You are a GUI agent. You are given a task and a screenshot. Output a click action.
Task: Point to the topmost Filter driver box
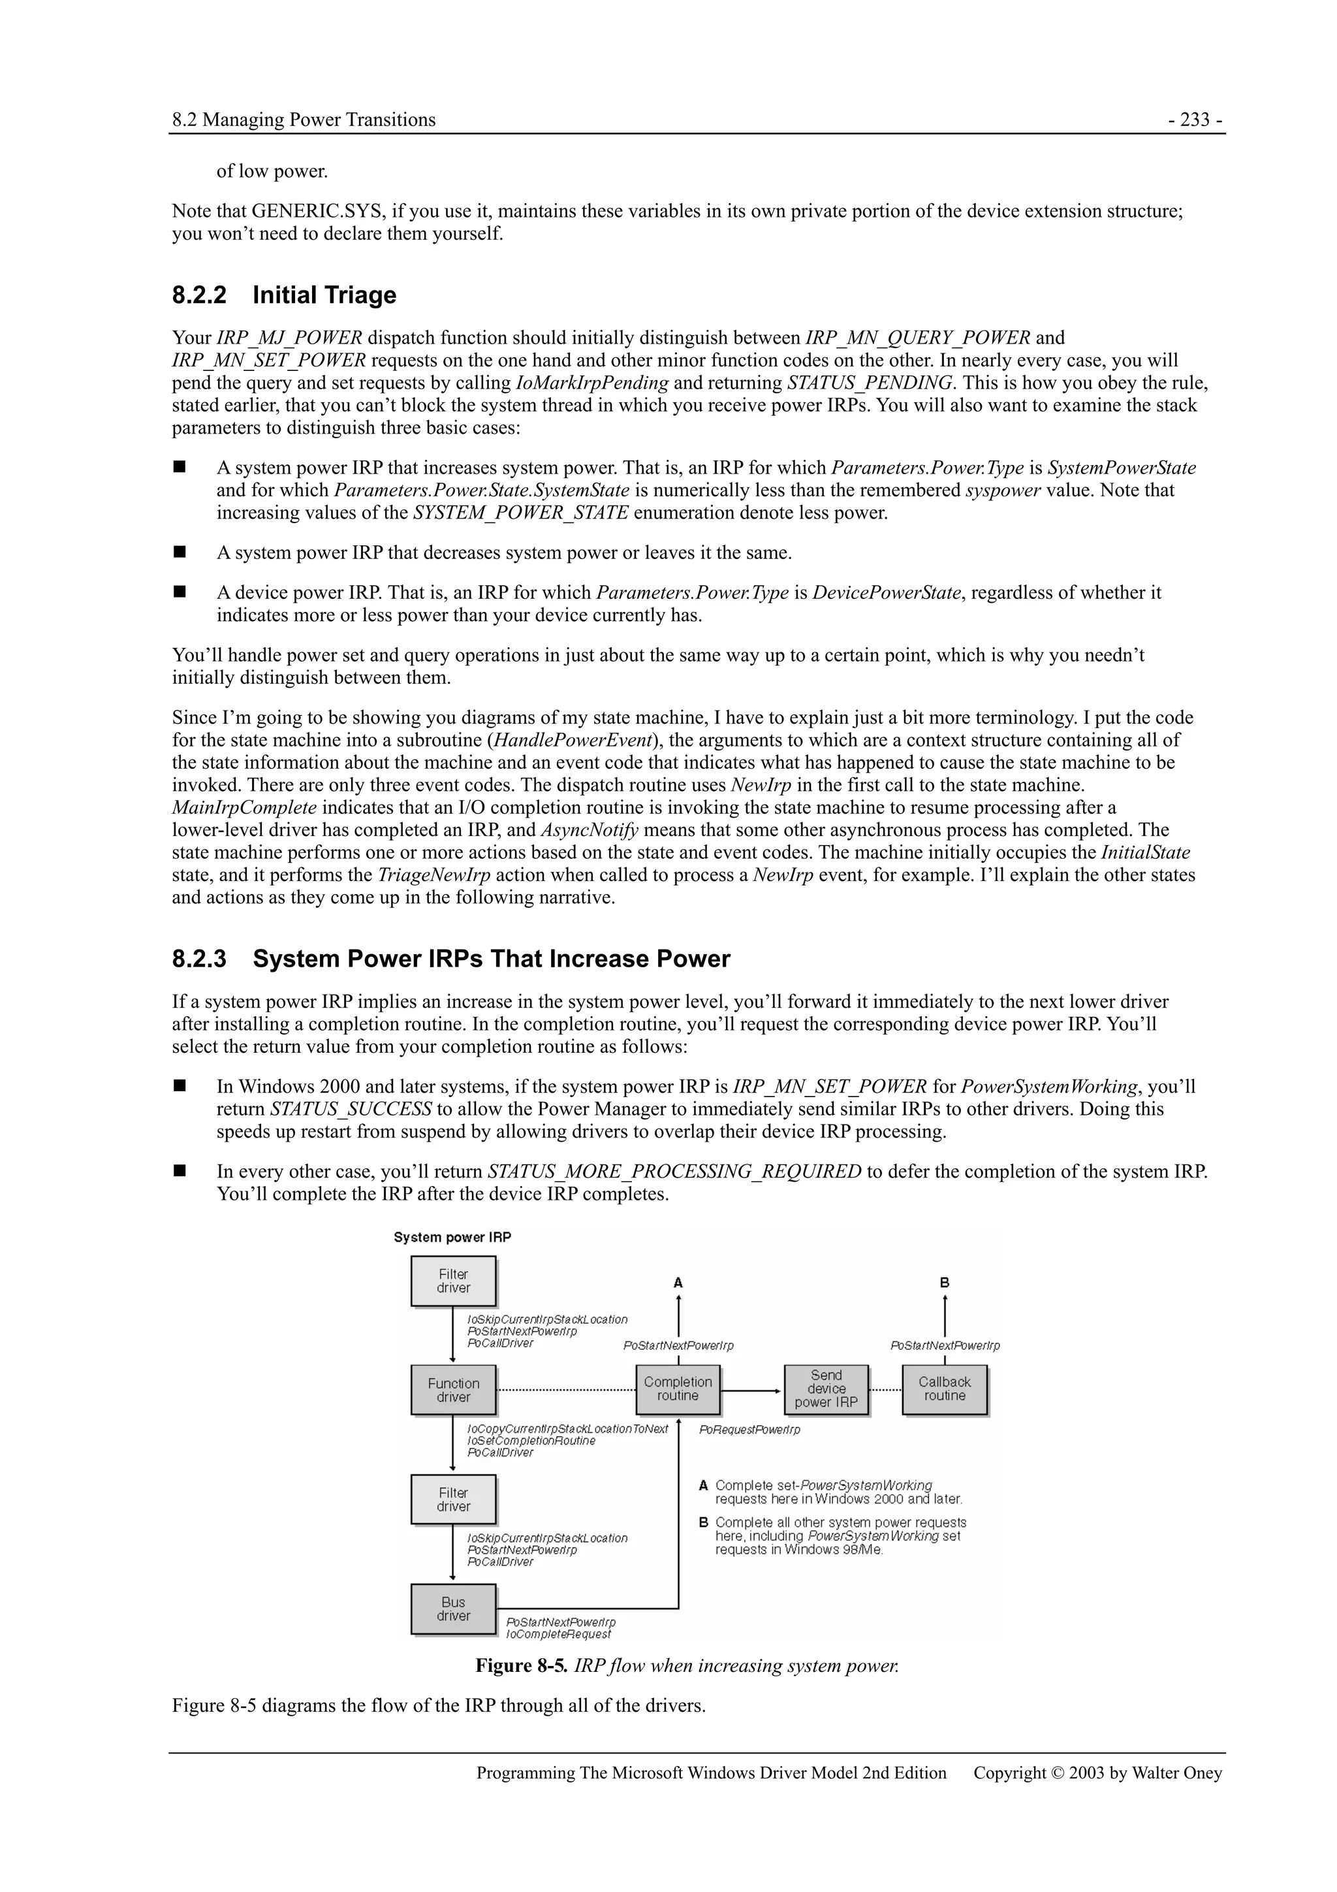coord(453,1281)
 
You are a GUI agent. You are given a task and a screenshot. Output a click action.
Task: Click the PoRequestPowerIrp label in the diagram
coord(749,1430)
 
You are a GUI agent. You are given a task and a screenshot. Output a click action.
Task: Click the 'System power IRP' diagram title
coord(452,1237)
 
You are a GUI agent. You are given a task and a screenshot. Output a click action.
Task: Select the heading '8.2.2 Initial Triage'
coord(284,295)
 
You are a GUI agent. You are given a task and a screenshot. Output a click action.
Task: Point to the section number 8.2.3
coord(198,959)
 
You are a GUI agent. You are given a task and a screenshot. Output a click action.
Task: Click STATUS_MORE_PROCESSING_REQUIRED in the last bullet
coord(674,1171)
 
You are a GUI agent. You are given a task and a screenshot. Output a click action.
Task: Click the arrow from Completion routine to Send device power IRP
coord(751,1390)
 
